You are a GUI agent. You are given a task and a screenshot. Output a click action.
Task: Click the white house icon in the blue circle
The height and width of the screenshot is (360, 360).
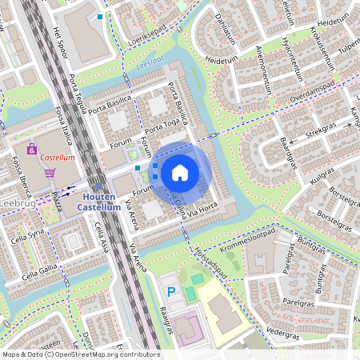click(x=180, y=172)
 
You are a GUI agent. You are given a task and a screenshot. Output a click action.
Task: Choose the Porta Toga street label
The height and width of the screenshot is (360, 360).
click(x=162, y=126)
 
